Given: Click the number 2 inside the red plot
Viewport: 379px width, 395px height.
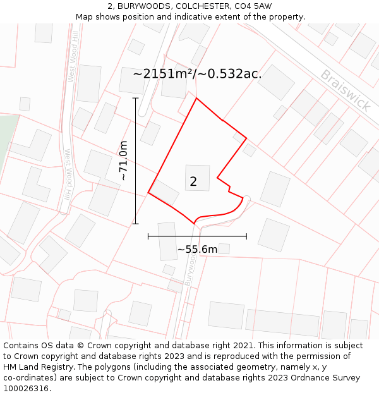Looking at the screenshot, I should pos(193,182).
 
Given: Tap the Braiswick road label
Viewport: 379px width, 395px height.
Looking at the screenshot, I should pos(345,91).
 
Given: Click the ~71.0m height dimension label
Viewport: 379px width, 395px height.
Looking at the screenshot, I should pos(123,161).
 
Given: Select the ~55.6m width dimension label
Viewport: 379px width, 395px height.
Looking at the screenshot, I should pos(197,249).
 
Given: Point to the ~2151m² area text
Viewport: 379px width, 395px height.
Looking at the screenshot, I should pos(197,73).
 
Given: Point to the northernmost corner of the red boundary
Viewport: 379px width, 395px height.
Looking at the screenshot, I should pos(196,98).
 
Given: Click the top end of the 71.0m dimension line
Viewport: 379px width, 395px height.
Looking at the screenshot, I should pos(135,98).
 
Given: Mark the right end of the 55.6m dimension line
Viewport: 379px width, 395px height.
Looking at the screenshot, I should pos(246,236).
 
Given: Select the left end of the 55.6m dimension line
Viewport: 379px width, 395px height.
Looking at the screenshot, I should pos(148,236).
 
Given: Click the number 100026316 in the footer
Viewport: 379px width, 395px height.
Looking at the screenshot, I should pos(27,389).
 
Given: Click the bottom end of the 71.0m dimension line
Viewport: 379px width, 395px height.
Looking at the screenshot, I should pos(135,223).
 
